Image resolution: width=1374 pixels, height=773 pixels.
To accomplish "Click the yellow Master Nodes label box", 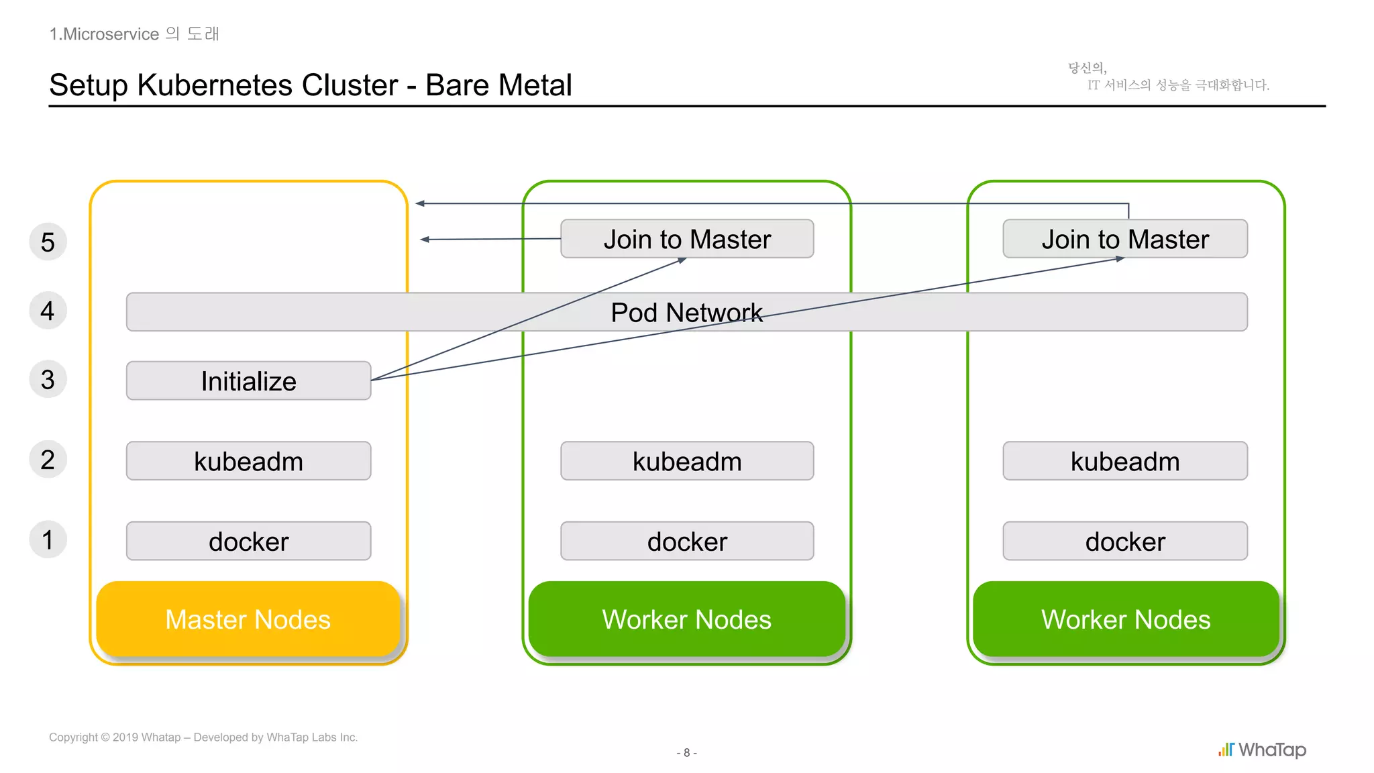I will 248,619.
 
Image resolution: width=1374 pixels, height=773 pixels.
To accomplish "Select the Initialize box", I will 248,380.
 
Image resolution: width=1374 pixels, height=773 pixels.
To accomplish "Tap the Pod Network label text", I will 686,312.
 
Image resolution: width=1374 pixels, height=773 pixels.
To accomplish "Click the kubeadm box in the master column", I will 248,461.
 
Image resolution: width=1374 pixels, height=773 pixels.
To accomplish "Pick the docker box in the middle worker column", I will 687,541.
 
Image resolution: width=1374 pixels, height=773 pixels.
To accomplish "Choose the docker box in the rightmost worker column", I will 1125,541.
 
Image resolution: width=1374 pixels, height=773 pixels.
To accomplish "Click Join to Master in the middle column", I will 687,239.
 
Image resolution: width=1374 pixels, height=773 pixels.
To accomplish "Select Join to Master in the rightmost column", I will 1125,239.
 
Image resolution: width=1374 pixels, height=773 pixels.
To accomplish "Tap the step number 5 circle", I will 48,242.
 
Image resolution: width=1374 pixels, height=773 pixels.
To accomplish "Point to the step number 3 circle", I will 48,379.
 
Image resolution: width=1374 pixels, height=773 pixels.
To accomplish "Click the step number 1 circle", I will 48,539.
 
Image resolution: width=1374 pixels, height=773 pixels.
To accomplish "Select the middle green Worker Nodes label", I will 686,619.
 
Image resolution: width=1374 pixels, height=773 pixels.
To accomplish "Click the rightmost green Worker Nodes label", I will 1126,619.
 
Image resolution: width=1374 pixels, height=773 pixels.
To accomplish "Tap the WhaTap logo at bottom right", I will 1262,750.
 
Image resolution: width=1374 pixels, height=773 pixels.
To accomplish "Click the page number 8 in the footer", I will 686,753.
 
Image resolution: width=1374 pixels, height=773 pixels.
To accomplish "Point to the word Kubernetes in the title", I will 267,85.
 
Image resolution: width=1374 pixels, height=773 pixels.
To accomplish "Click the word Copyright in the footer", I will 73,737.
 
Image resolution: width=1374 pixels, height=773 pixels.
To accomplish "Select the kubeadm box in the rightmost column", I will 1125,461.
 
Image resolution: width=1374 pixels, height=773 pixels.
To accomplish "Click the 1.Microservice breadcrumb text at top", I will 104,34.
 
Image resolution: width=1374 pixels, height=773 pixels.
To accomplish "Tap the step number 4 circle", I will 48,311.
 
